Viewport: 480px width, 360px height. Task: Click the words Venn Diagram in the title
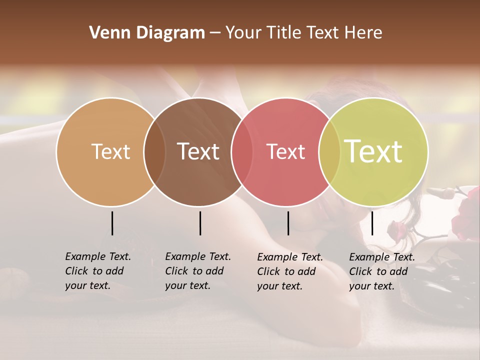coord(147,33)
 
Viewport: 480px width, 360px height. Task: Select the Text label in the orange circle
coord(110,151)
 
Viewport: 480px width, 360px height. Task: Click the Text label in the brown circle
coord(198,151)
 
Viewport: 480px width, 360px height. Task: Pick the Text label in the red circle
coord(286,151)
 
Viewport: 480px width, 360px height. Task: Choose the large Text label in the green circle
coord(373,151)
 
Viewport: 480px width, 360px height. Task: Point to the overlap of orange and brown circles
coord(154,151)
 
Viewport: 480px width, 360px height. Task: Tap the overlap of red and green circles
coord(329,151)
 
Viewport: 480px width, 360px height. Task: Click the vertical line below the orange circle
coord(112,223)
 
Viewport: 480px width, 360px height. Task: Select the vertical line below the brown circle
coord(200,223)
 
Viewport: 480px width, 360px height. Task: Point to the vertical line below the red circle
coord(288,223)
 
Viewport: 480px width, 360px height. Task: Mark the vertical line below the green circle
coord(372,223)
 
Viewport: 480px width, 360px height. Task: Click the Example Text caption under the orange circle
coord(98,271)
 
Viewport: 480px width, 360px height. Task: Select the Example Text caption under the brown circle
coord(198,271)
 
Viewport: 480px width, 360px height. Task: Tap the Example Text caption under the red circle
coord(290,271)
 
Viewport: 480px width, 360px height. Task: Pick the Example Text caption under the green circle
coord(382,271)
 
